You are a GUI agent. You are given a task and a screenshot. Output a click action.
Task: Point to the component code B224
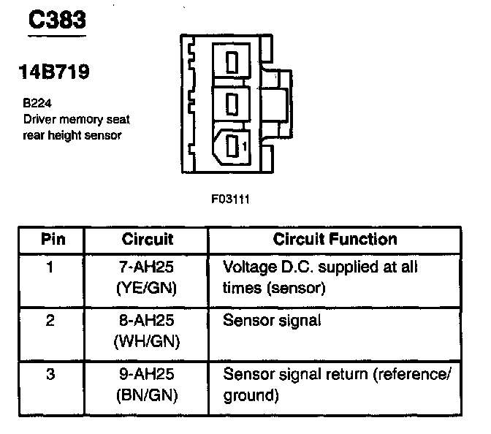click(37, 104)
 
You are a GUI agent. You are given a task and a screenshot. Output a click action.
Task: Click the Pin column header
click(50, 240)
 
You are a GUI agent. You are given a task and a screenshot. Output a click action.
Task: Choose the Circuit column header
click(148, 240)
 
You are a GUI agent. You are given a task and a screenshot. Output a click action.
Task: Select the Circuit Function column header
click(335, 240)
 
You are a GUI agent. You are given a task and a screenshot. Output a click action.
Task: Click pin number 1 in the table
click(50, 267)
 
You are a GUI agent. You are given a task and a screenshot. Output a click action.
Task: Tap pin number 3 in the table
click(50, 375)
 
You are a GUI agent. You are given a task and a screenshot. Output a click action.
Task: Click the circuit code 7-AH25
click(148, 267)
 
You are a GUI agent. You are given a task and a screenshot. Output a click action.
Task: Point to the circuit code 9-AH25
click(148, 375)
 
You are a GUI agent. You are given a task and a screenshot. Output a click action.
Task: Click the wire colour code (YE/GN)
click(148, 288)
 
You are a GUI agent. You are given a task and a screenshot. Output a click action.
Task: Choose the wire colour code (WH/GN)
click(148, 341)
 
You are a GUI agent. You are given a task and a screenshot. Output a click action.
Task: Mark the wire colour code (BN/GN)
click(148, 396)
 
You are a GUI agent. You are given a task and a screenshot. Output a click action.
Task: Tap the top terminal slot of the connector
click(232, 61)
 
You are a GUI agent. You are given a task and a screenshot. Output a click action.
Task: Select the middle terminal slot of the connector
click(232, 104)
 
